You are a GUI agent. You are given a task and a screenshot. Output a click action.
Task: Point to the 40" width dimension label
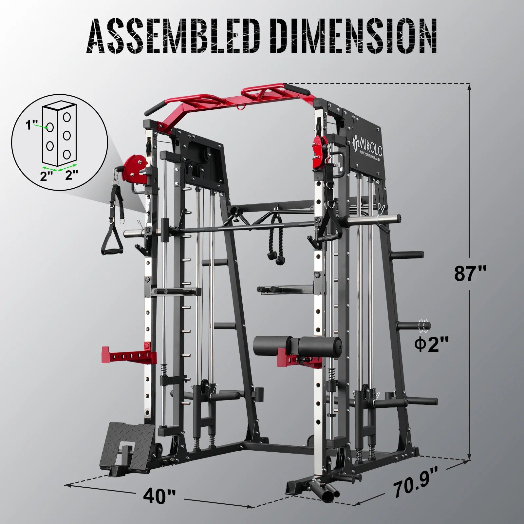[x=159, y=496]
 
